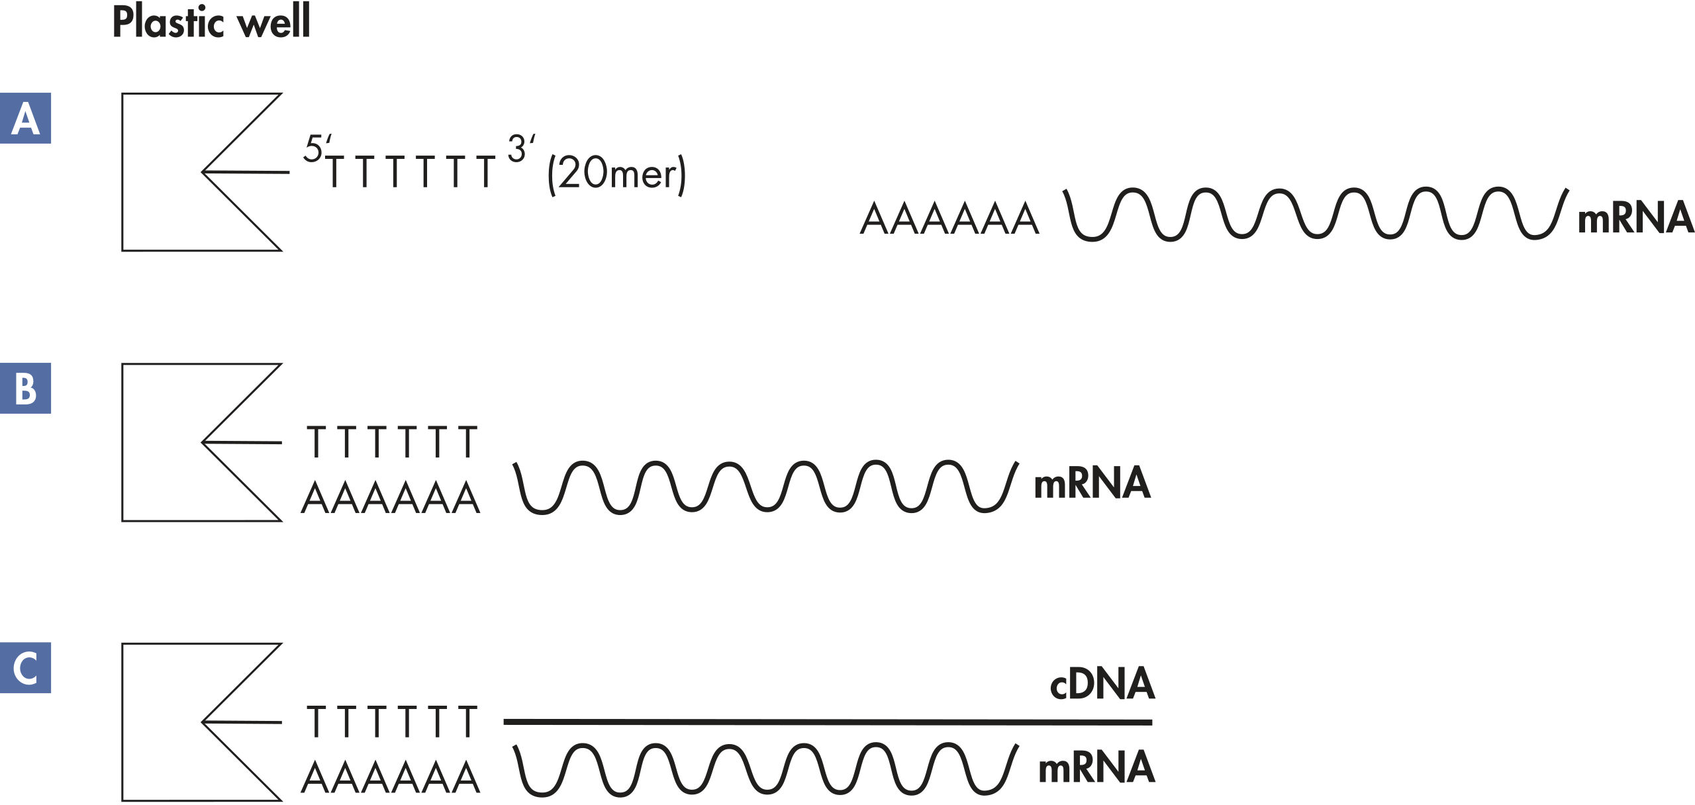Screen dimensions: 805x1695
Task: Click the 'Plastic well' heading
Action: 211,22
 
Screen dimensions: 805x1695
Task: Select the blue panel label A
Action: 25,118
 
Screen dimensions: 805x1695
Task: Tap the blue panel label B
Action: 25,389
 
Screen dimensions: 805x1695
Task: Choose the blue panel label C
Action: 25,668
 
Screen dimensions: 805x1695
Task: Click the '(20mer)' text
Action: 616,173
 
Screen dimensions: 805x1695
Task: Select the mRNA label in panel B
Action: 1091,483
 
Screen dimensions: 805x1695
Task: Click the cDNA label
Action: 1102,684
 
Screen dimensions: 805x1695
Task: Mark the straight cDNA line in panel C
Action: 828,722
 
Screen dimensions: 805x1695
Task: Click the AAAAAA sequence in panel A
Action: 949,219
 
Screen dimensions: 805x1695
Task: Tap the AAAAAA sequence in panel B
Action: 391,498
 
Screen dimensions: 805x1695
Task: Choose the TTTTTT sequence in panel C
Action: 391,722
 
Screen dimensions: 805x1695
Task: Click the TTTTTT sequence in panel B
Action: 391,442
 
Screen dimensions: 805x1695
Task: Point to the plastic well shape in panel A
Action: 159,172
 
